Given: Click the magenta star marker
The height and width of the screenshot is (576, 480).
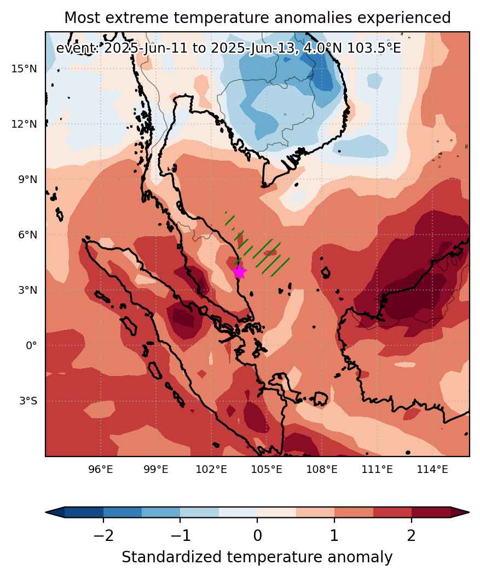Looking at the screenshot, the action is click(x=239, y=272).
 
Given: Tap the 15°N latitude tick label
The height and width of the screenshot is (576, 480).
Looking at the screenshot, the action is click(x=24, y=69).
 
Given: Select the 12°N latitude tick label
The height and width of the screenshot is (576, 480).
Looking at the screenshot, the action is click(x=24, y=124).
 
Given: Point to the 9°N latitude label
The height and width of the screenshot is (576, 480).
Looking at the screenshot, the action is click(x=28, y=180).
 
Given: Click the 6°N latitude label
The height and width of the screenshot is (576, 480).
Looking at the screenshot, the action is click(x=28, y=235).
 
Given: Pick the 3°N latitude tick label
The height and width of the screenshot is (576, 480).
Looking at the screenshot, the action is click(x=28, y=290).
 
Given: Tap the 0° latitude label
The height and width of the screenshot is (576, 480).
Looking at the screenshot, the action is click(x=31, y=346).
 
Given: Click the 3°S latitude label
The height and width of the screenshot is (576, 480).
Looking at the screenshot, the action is click(x=28, y=401).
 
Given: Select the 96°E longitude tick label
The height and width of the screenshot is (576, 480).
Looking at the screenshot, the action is click(x=101, y=470).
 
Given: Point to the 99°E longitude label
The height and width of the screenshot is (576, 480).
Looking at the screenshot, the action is click(x=156, y=470).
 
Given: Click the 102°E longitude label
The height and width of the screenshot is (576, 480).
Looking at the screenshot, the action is click(x=211, y=470).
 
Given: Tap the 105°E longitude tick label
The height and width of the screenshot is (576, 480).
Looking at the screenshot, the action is click(x=267, y=470).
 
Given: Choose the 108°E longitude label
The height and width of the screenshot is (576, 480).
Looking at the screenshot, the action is click(x=322, y=470).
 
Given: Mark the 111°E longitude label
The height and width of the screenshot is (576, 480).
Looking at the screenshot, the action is click(x=377, y=470).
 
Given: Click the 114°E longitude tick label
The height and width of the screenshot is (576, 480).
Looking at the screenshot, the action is click(x=432, y=470).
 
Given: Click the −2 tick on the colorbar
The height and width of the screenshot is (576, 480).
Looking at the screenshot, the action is click(x=103, y=535).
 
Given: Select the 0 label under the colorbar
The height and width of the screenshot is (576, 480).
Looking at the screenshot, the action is click(x=257, y=535).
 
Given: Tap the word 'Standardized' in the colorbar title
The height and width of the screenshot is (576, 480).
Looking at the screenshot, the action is click(x=172, y=557).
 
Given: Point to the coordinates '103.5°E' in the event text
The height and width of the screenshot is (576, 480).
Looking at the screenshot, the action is click(x=374, y=48).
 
